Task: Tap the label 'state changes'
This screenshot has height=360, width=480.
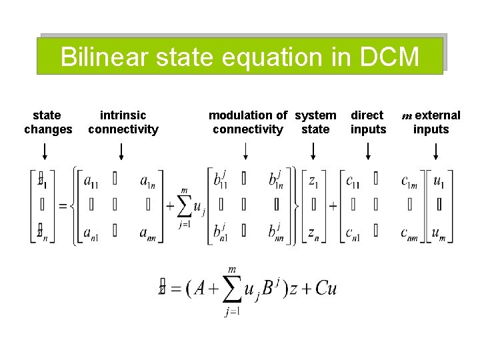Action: point(48,122)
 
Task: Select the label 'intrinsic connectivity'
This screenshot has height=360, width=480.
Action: point(123,122)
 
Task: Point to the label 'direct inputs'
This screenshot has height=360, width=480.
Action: point(368,122)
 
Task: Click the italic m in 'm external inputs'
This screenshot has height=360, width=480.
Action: point(407,116)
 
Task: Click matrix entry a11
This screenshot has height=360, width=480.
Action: point(93,180)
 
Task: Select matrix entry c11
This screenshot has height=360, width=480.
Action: point(354,180)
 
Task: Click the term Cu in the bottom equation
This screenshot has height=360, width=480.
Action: point(326,288)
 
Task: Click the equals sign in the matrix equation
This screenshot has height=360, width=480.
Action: point(63,206)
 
